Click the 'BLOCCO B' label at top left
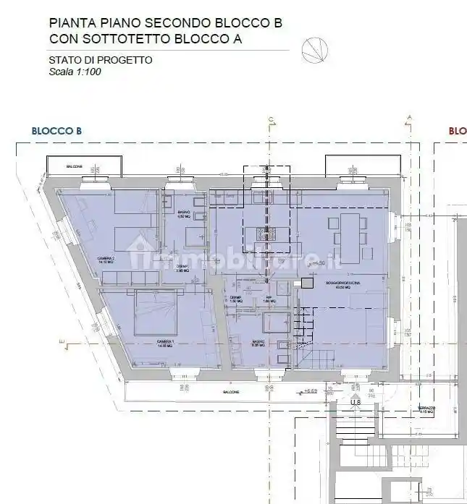[56, 131]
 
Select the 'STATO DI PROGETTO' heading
[100, 60]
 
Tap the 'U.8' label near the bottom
[355, 401]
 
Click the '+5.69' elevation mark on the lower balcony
[311, 390]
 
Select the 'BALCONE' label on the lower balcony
[232, 391]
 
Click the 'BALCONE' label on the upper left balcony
[74, 167]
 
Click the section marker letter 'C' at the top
[269, 119]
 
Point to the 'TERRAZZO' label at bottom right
[426, 407]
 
